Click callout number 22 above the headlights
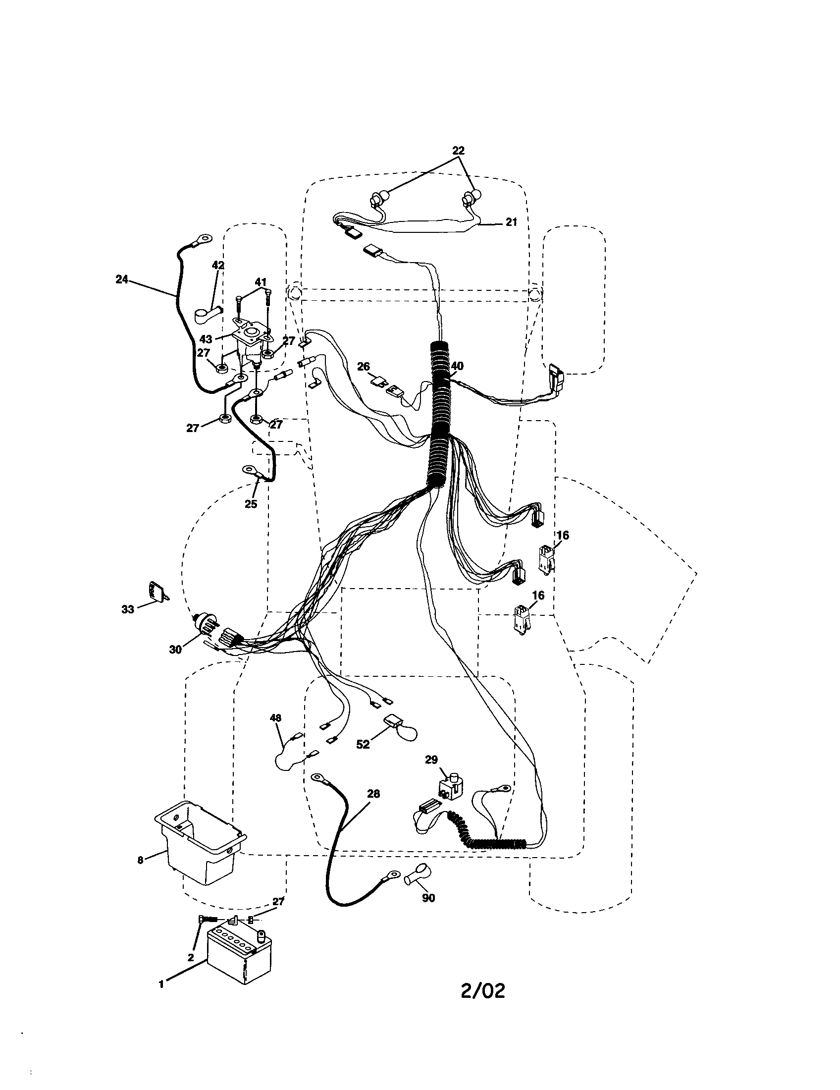pyautogui.click(x=458, y=150)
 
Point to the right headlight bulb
pyautogui.click(x=471, y=199)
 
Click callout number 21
pyautogui.click(x=511, y=222)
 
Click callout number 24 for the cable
pyautogui.click(x=121, y=279)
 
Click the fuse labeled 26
pyautogui.click(x=380, y=382)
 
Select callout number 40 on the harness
pyautogui.click(x=457, y=366)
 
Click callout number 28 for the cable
pyautogui.click(x=373, y=794)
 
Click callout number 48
pyautogui.click(x=275, y=718)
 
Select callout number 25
pyautogui.click(x=251, y=504)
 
